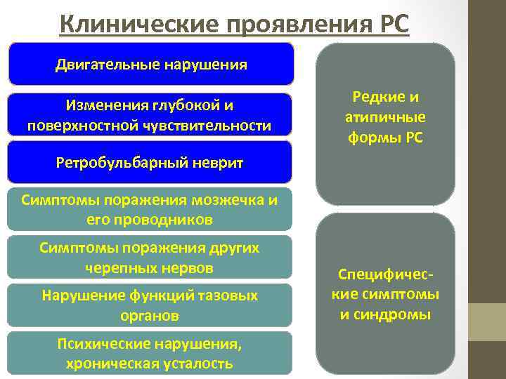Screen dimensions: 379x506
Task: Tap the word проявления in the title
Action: (x=291, y=22)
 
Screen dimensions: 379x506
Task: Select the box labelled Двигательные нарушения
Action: (x=150, y=65)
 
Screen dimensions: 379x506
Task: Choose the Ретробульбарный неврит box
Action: (x=150, y=164)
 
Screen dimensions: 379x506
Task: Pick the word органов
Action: (x=150, y=316)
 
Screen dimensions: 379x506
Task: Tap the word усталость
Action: (x=198, y=364)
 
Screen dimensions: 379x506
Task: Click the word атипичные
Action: (x=385, y=118)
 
